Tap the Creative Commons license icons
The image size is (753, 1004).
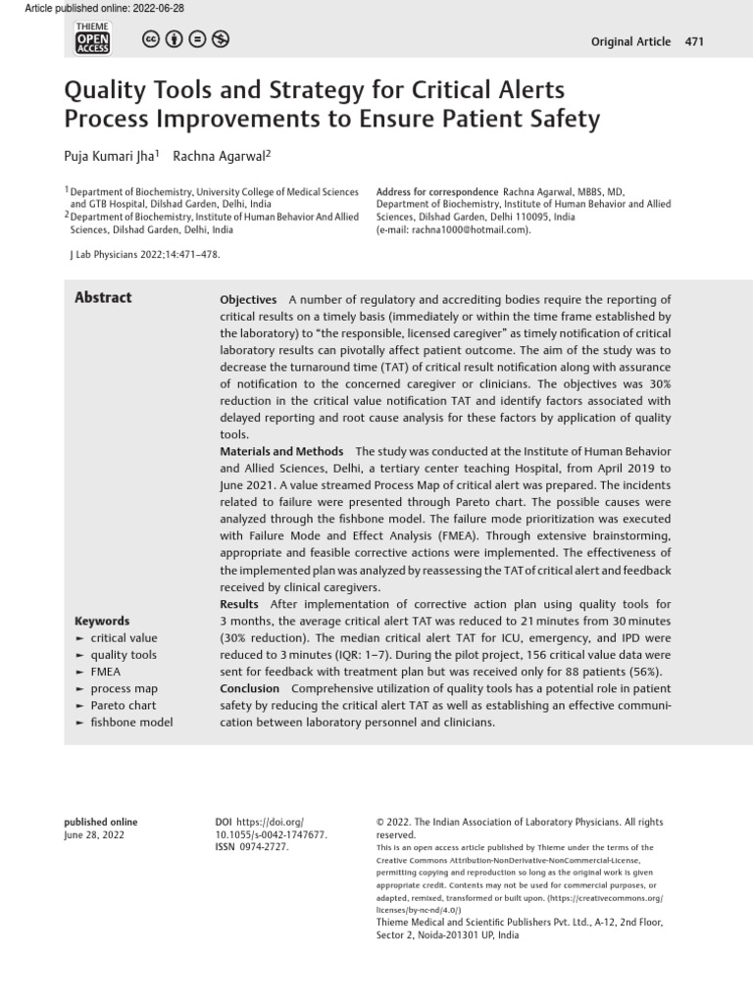pyautogui.click(x=185, y=40)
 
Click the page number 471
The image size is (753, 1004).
pyautogui.click(x=694, y=41)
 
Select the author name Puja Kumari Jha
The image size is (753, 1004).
pyautogui.click(x=108, y=156)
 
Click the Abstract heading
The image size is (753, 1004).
pyautogui.click(x=103, y=298)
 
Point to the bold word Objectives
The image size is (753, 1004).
pyautogui.click(x=248, y=300)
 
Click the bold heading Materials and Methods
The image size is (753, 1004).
pyautogui.click(x=281, y=451)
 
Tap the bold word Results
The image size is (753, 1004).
pyautogui.click(x=239, y=604)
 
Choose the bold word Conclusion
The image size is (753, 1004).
pyautogui.click(x=249, y=688)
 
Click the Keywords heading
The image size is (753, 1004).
pyautogui.click(x=102, y=621)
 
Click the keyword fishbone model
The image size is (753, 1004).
pyautogui.click(x=131, y=723)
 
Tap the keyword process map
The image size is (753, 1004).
pyautogui.click(x=124, y=688)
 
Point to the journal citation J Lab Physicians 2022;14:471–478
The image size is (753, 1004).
pyautogui.click(x=145, y=255)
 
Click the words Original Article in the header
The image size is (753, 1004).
pyautogui.click(x=631, y=41)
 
